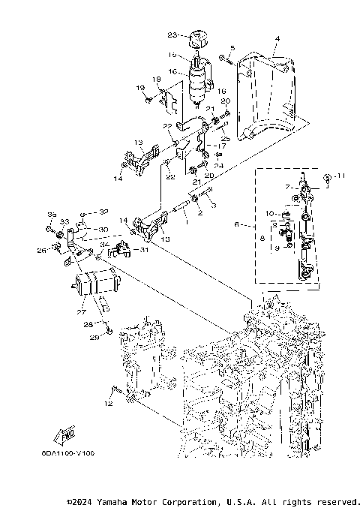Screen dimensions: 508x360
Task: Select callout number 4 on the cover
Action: [276, 38]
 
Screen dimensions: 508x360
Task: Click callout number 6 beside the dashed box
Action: [238, 224]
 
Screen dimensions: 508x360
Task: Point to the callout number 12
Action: [107, 404]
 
